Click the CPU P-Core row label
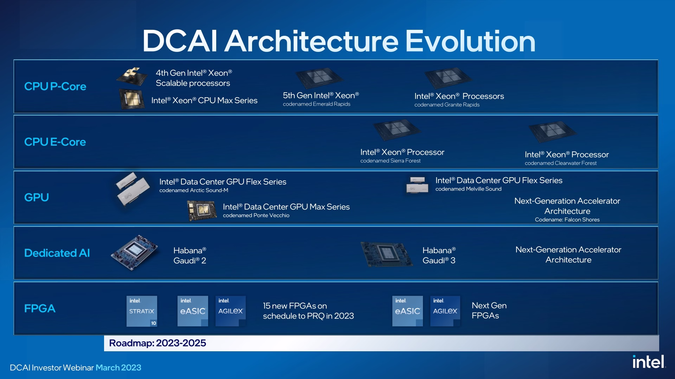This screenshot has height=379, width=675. pos(55,86)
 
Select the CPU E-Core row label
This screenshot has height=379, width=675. pos(55,142)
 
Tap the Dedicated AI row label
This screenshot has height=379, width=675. pos(57,253)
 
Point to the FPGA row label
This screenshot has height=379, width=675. pos(40,308)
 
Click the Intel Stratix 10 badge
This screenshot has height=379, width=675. pos(142,311)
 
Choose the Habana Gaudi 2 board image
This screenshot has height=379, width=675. pos(134,252)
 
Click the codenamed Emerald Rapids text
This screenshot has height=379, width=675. pos(316,104)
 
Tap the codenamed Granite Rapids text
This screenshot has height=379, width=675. pos(447,105)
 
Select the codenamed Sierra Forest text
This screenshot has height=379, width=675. pos(390,161)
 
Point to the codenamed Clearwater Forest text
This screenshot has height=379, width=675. pos(561,163)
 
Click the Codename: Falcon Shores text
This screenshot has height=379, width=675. pos(567,220)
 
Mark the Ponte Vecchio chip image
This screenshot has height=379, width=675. pos(202,211)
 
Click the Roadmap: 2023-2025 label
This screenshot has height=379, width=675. pos(157,343)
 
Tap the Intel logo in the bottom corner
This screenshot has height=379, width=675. pos(649,362)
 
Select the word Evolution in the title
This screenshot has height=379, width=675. pos(470,41)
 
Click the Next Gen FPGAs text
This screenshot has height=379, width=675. pos(489,311)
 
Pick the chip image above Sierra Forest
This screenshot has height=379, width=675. pos(397,130)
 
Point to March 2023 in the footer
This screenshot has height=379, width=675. pos(118,367)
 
